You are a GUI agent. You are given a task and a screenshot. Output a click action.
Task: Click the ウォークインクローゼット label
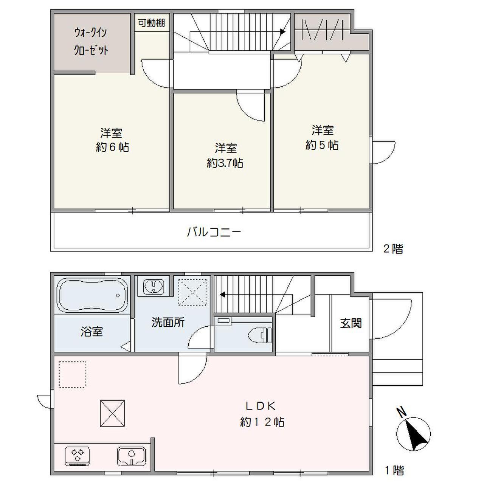[91, 42]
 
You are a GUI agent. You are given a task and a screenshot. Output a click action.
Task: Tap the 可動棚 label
[151, 23]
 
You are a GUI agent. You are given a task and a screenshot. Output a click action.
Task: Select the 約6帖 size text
[112, 147]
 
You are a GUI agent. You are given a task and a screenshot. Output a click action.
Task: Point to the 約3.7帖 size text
[225, 163]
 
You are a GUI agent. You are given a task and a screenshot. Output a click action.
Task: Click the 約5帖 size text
[322, 145]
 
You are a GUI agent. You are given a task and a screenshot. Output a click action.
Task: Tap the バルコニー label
[214, 231]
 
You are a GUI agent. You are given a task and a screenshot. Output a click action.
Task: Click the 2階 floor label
[393, 249]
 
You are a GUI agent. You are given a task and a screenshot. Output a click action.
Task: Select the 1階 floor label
[394, 471]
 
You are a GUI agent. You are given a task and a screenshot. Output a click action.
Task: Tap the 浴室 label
[92, 332]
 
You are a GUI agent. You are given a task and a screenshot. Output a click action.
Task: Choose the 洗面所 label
[168, 323]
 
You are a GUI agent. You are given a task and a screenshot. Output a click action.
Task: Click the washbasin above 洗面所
[154, 287]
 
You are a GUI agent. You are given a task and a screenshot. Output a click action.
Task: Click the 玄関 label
[351, 323]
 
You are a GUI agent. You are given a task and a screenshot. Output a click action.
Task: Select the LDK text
[261, 406]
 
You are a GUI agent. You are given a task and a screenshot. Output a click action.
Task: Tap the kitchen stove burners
[78, 455]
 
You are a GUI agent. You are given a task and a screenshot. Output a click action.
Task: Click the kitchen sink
[131, 456]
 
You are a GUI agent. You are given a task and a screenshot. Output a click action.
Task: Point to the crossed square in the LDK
[112, 414]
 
